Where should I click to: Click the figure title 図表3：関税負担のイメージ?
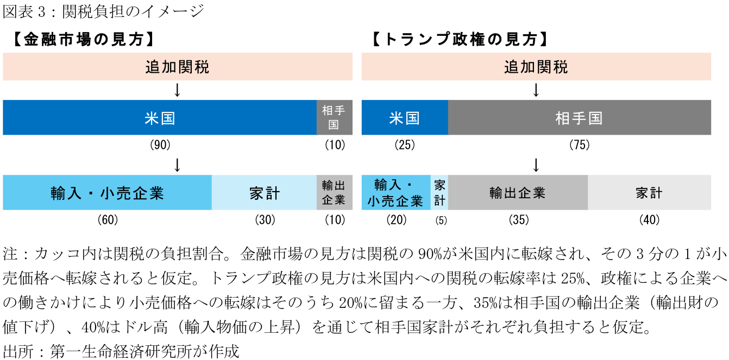click(x=103, y=11)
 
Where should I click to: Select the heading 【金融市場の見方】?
click(x=81, y=40)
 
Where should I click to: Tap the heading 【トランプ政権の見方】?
click(x=460, y=40)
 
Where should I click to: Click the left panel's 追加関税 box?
click(x=178, y=67)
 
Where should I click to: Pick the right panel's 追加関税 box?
click(x=536, y=67)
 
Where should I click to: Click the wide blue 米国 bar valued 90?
click(x=160, y=118)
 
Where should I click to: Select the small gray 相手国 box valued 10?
click(x=334, y=118)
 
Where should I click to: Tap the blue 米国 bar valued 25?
click(x=405, y=118)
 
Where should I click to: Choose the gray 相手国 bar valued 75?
click(x=579, y=118)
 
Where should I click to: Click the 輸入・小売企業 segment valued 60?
click(x=107, y=193)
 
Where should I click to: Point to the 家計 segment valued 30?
click(x=265, y=193)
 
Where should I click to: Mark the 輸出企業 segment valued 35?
click(x=517, y=193)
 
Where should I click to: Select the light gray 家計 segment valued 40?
click(x=649, y=193)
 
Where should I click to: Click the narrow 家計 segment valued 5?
click(x=439, y=193)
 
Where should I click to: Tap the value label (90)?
click(x=160, y=145)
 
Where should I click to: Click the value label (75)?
click(x=579, y=145)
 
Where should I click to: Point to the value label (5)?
click(x=439, y=220)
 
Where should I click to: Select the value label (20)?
click(x=397, y=220)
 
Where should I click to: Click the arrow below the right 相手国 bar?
click(x=536, y=165)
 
